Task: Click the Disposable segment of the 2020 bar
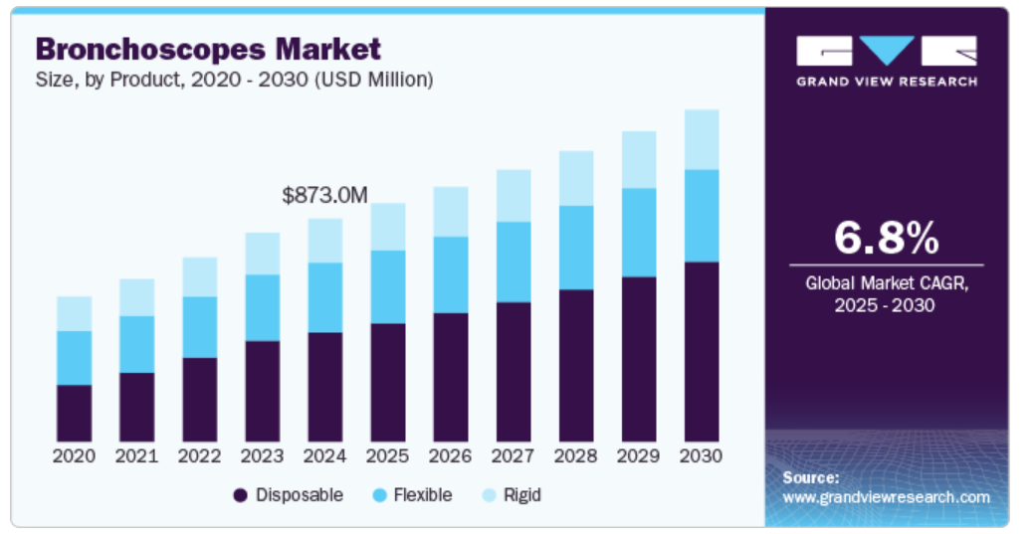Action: coord(74,413)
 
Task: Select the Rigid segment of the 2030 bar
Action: coord(702,139)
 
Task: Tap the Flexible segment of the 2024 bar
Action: coord(325,297)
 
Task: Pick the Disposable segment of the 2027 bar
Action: coord(514,372)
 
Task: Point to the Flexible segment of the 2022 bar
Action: coord(199,326)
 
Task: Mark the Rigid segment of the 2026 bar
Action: coord(451,211)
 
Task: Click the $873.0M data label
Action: coord(324,196)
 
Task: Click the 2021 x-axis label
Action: coord(136,456)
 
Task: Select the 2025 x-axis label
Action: coord(388,456)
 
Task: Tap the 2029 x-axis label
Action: coord(639,456)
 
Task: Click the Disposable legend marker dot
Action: coord(240,495)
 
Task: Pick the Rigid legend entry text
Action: coord(521,495)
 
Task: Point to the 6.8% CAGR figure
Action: coord(886,239)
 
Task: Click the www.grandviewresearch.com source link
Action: coord(886,497)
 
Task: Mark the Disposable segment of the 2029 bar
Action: coord(639,359)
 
